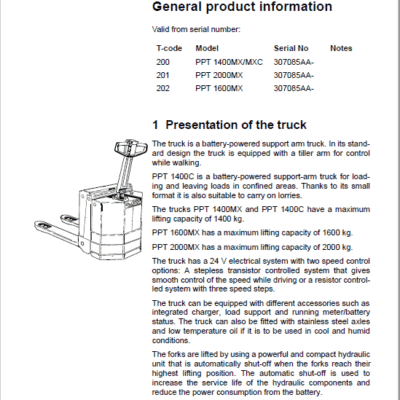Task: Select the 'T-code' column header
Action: point(169,47)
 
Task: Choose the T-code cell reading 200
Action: point(163,60)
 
